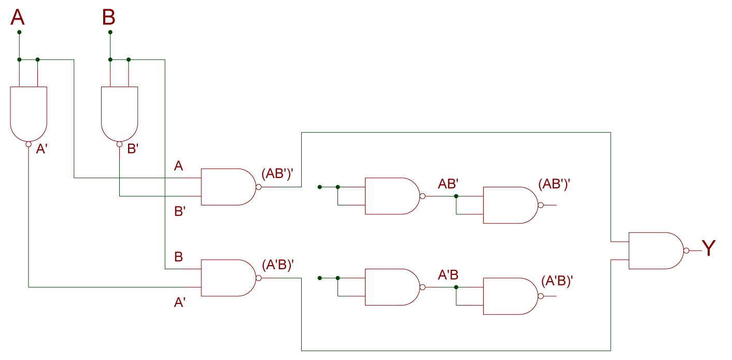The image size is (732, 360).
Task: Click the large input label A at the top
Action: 18,18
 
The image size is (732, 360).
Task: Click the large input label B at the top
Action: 109,18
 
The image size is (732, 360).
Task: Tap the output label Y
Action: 708,249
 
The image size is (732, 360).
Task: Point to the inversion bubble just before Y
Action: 686,251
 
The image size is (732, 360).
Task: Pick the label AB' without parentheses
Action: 448,184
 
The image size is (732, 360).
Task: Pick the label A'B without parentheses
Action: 448,275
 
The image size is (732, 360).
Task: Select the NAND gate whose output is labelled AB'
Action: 392,196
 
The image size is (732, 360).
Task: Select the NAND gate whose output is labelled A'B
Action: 392,287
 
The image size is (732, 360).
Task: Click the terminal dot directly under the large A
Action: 19,32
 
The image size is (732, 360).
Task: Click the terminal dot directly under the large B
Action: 110,32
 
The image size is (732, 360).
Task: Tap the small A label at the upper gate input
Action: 178,166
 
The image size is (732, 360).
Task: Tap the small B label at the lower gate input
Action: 178,257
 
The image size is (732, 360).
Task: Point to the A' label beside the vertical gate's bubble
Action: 41,149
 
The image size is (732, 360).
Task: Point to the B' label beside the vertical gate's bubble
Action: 133,149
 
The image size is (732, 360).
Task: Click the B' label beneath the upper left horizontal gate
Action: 180,212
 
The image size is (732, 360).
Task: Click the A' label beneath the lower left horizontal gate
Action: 180,302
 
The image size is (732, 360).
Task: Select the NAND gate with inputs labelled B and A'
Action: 228,278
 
